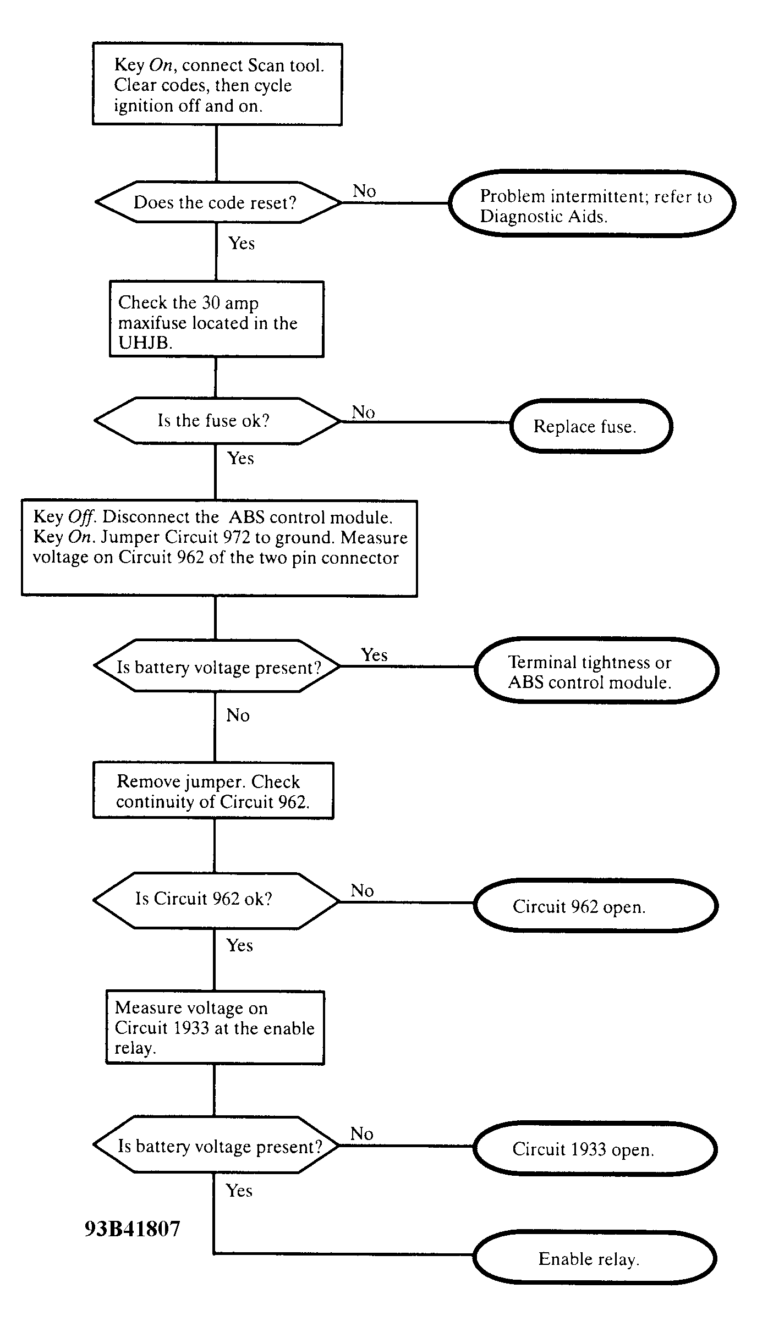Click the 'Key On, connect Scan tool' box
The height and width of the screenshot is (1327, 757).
(217, 84)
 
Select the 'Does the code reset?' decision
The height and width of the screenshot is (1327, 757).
(218, 202)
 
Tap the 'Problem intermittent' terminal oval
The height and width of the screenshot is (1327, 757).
(592, 203)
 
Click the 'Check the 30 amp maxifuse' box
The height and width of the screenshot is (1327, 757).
(216, 319)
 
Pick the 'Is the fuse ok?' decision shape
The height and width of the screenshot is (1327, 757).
(217, 421)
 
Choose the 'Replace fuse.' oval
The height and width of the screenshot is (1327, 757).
(591, 426)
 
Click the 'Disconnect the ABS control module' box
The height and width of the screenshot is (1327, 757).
(219, 548)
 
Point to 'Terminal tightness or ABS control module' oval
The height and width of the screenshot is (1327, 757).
(596, 670)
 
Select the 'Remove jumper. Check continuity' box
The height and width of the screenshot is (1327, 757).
(213, 790)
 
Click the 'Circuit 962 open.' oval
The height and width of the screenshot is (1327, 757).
(596, 906)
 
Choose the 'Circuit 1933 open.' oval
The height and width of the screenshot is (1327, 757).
(595, 1149)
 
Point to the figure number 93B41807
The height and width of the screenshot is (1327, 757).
(133, 1229)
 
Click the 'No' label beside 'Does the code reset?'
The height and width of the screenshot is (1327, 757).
(364, 191)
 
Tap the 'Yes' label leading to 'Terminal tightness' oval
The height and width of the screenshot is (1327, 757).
(374, 654)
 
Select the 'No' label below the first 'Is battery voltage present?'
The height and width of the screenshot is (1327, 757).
(238, 715)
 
